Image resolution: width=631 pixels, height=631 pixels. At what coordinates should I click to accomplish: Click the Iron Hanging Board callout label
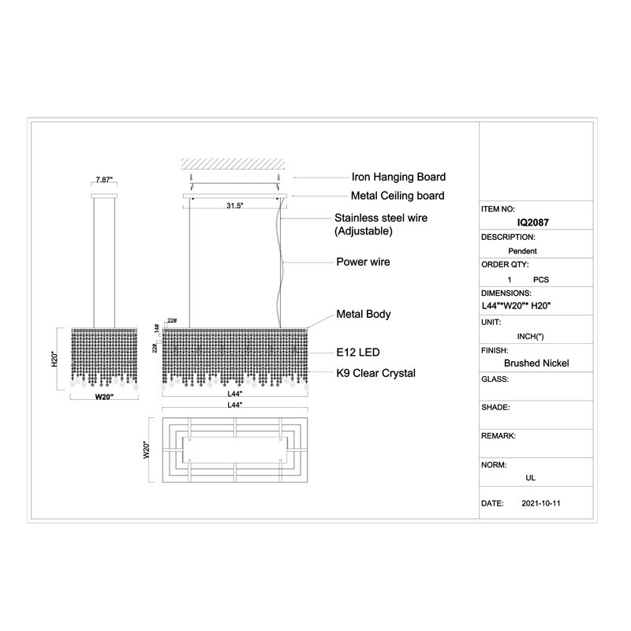[x=398, y=177]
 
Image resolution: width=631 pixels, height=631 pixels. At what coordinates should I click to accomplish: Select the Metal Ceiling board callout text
[x=398, y=196]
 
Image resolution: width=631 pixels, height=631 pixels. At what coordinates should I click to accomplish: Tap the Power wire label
[x=363, y=262]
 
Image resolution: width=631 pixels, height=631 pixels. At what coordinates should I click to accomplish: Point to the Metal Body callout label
[x=364, y=314]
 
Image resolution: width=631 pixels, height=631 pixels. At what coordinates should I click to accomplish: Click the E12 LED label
[x=358, y=353]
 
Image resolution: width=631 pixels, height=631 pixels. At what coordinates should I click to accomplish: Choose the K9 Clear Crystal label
[x=376, y=373]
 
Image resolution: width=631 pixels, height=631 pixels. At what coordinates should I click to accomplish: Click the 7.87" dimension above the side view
[x=104, y=180]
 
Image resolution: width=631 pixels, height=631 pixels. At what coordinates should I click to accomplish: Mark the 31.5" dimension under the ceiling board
[x=234, y=206]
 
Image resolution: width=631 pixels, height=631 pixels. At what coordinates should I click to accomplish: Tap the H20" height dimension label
[x=54, y=359]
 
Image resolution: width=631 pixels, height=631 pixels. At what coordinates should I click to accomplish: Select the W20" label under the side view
[x=104, y=397]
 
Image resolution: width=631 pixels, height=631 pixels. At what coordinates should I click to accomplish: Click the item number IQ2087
[x=533, y=222]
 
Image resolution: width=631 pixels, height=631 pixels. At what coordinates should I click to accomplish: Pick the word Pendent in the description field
[x=522, y=251]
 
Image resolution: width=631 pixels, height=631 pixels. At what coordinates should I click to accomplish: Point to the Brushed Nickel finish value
[x=536, y=364]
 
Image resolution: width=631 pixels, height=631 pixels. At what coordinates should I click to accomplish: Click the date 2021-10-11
[x=541, y=503]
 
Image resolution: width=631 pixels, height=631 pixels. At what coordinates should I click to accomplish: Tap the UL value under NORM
[x=530, y=478]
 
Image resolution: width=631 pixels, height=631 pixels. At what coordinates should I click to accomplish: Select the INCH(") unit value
[x=530, y=337]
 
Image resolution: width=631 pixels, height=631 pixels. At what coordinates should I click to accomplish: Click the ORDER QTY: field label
[x=505, y=265]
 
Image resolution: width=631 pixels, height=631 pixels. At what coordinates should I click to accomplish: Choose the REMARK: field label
[x=498, y=436]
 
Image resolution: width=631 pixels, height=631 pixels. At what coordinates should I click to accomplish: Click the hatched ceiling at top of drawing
[x=233, y=164]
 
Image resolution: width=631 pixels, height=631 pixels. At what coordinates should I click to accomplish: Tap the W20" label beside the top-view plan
[x=147, y=450]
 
